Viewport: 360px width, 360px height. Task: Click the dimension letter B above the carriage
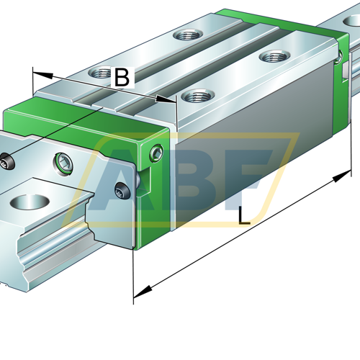(x=122, y=77)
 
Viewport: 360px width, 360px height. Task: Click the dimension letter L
(x=244, y=216)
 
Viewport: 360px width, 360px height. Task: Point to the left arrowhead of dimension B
(x=42, y=75)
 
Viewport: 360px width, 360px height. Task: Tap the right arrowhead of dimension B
(x=166, y=99)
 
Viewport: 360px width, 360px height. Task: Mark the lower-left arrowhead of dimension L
(x=143, y=292)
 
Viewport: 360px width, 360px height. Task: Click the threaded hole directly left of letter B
(x=100, y=73)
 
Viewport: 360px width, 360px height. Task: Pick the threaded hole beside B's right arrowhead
(x=198, y=96)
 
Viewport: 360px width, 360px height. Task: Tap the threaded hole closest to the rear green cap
(x=275, y=57)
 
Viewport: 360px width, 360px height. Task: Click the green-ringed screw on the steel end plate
(x=63, y=163)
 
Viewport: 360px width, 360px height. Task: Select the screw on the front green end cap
(x=156, y=153)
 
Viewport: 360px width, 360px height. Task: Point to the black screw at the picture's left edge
(x=6, y=162)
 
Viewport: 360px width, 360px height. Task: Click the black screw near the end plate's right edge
(x=122, y=191)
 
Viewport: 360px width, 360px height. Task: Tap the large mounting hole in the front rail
(x=30, y=202)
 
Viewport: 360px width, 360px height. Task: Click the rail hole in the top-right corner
(x=352, y=21)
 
